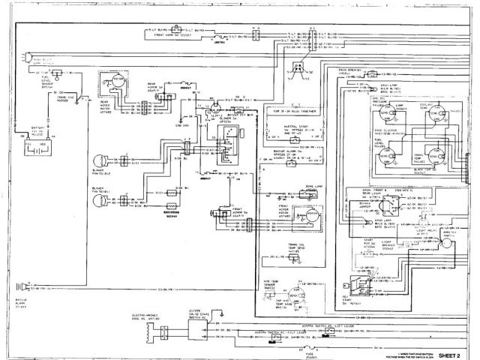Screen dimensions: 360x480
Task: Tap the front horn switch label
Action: click(180, 34)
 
